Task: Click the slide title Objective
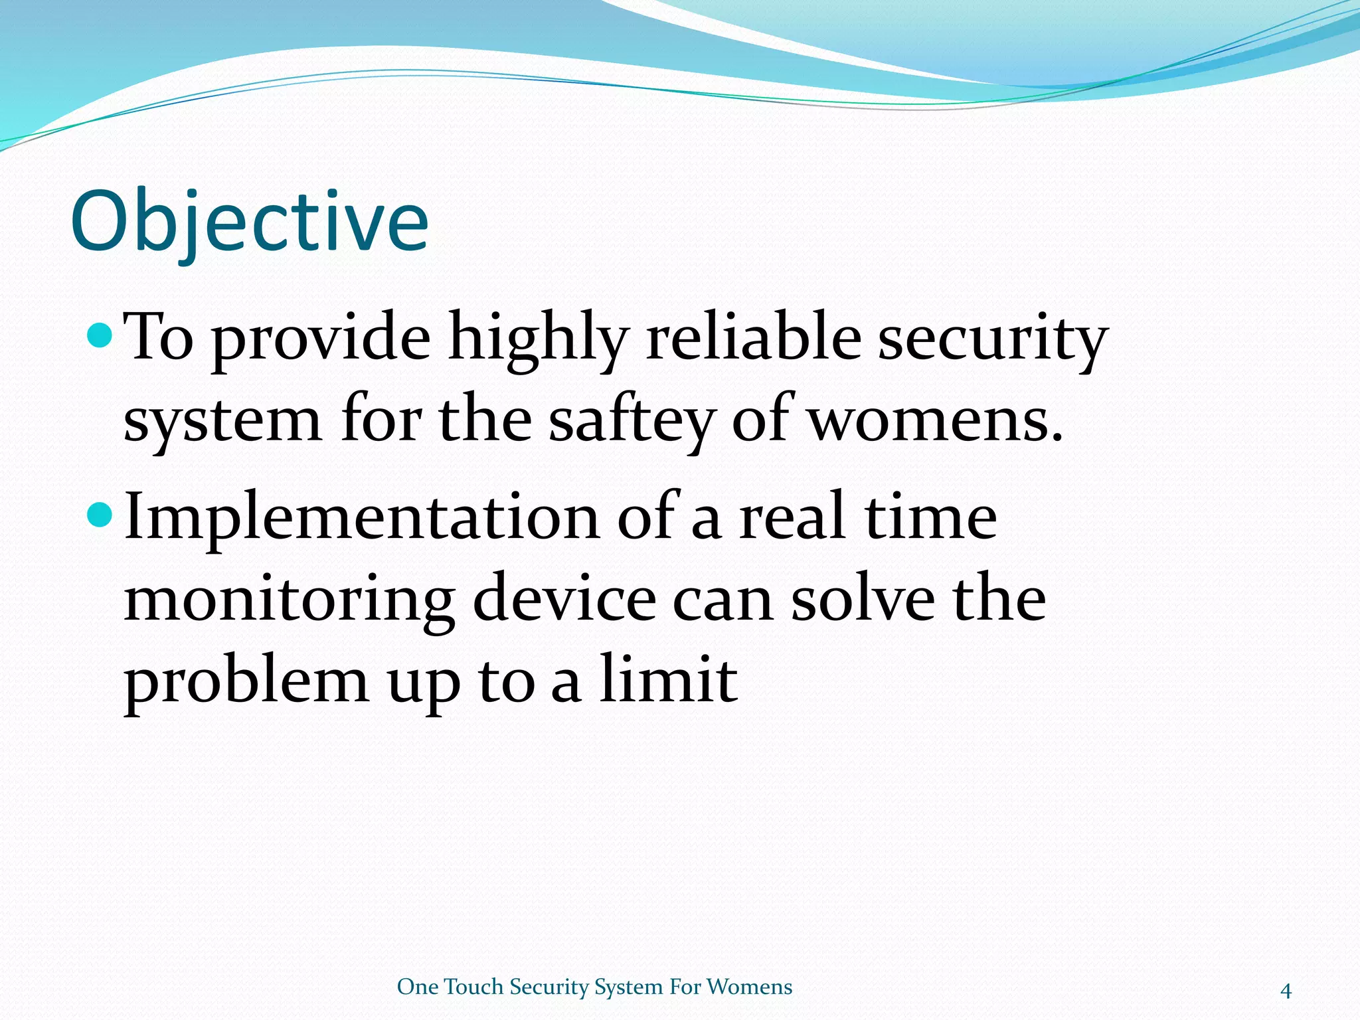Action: [x=249, y=222]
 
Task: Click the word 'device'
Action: [x=564, y=599]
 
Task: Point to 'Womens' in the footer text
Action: [x=749, y=987]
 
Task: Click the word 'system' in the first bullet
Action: [x=222, y=422]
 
